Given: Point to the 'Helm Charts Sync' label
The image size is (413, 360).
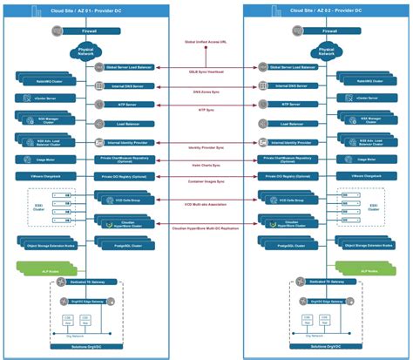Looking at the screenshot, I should coord(206,164).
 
